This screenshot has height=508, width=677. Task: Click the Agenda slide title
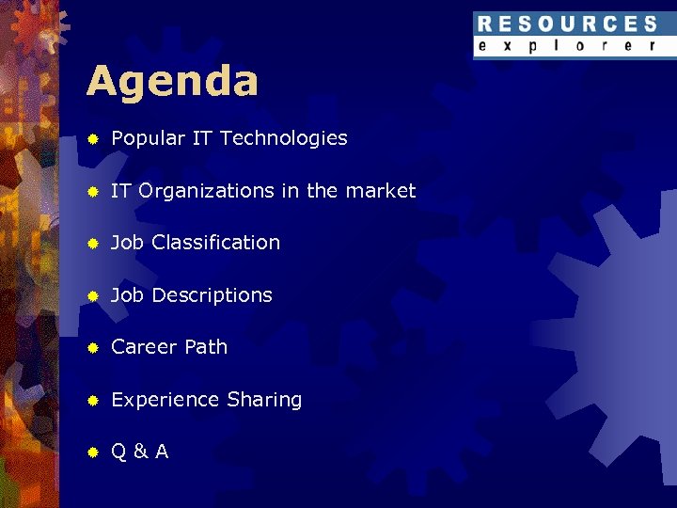(x=172, y=82)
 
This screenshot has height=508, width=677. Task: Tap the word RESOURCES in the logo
(x=567, y=24)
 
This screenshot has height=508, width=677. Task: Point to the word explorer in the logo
(x=567, y=46)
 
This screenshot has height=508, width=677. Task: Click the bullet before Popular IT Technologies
(x=93, y=139)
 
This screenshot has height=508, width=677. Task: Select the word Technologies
(x=283, y=138)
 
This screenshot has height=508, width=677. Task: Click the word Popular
(x=148, y=138)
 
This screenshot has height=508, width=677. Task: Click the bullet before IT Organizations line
(x=93, y=192)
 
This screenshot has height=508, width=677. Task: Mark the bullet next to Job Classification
(x=93, y=244)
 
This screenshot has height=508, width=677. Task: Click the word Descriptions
(x=212, y=295)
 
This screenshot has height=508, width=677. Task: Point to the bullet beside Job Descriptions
(x=93, y=296)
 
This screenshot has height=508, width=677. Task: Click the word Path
(x=205, y=347)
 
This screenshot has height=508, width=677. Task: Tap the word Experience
(x=165, y=400)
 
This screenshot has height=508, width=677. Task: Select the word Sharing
(x=264, y=400)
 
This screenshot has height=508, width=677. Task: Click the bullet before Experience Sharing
(x=93, y=401)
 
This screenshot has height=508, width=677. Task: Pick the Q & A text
(x=140, y=452)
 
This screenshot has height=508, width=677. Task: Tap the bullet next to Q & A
(x=93, y=452)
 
